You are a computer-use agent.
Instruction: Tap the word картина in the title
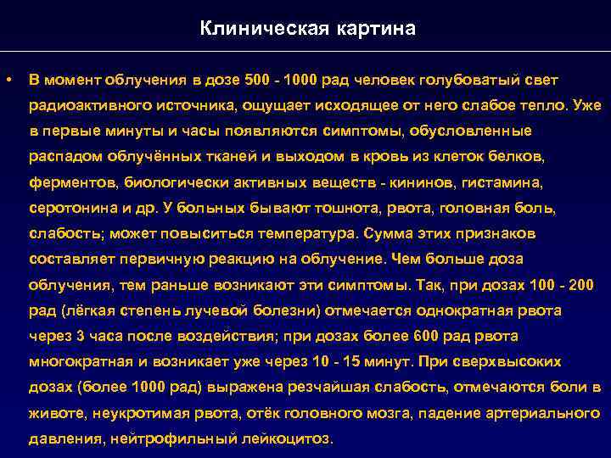click(380, 29)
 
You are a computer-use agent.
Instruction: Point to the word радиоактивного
click(87, 106)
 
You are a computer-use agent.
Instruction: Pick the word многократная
click(81, 362)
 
